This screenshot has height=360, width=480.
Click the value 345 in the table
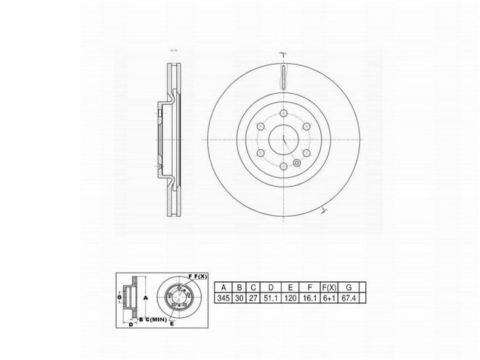click(223, 298)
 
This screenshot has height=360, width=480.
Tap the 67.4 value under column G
click(367, 298)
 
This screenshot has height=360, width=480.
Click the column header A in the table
click(223, 286)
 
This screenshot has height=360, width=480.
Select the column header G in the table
click(367, 286)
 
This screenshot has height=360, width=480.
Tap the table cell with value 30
click(239, 298)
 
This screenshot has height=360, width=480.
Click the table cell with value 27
click(253, 298)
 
